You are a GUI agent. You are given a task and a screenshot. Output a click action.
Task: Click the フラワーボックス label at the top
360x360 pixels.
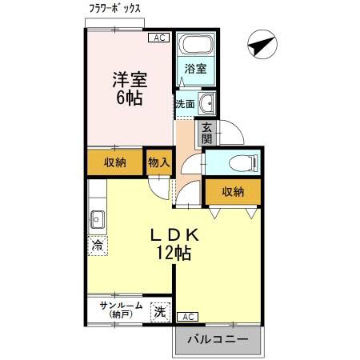(x=114, y=9)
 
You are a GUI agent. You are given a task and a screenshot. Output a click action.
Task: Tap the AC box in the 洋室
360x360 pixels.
(x=159, y=38)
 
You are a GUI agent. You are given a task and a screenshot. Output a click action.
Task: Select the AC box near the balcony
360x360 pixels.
(x=188, y=317)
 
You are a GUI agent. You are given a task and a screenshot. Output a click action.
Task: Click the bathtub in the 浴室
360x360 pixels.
(x=197, y=44)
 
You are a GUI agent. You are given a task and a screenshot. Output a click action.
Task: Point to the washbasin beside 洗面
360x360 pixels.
(x=207, y=103)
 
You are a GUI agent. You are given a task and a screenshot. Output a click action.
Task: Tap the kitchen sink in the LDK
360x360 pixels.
(x=98, y=219)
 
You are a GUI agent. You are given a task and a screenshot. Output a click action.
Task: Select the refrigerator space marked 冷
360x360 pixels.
(x=98, y=246)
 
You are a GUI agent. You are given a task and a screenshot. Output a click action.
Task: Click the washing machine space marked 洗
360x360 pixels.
(x=160, y=312)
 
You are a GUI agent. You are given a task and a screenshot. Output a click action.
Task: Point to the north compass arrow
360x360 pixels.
(x=262, y=44)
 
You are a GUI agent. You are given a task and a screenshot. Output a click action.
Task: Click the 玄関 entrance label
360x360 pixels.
(x=207, y=133)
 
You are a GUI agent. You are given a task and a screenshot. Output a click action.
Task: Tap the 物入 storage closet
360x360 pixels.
(x=159, y=162)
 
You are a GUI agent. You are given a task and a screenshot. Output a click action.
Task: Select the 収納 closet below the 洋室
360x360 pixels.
(x=115, y=162)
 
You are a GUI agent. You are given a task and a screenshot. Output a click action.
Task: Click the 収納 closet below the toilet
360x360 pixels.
(x=233, y=192)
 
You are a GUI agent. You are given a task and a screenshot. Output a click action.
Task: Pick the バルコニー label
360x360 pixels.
(x=218, y=339)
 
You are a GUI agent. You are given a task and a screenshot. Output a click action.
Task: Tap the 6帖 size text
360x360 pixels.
(x=130, y=98)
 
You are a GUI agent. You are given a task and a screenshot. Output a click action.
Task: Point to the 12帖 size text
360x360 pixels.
(x=174, y=252)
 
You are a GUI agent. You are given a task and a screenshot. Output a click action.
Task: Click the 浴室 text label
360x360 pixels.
(x=196, y=69)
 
